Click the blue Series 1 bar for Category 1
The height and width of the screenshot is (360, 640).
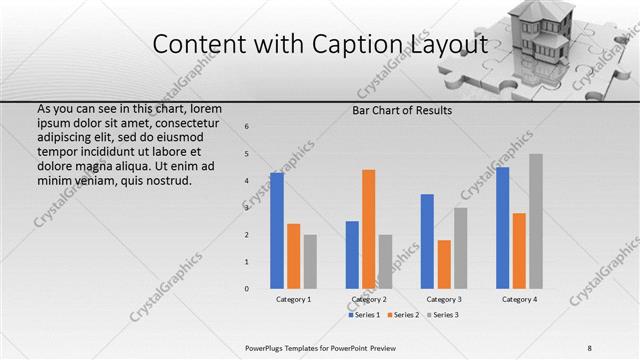tap(277, 231)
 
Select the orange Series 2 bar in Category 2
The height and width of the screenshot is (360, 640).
tap(368, 229)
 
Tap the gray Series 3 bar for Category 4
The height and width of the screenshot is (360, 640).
tap(536, 221)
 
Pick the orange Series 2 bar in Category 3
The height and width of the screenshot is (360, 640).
tap(444, 264)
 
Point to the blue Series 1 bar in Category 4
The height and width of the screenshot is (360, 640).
tap(502, 228)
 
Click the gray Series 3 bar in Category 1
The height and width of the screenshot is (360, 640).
tap(310, 262)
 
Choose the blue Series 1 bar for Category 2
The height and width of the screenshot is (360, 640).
tap(352, 255)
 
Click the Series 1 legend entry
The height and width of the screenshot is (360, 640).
tap(365, 315)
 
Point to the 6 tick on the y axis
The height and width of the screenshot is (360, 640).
tap(247, 126)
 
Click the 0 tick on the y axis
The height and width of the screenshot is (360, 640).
tap(247, 289)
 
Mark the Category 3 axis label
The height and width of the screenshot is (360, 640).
tap(444, 299)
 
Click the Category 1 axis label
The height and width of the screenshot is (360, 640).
tap(294, 299)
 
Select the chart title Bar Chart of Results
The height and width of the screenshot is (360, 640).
tap(403, 110)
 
